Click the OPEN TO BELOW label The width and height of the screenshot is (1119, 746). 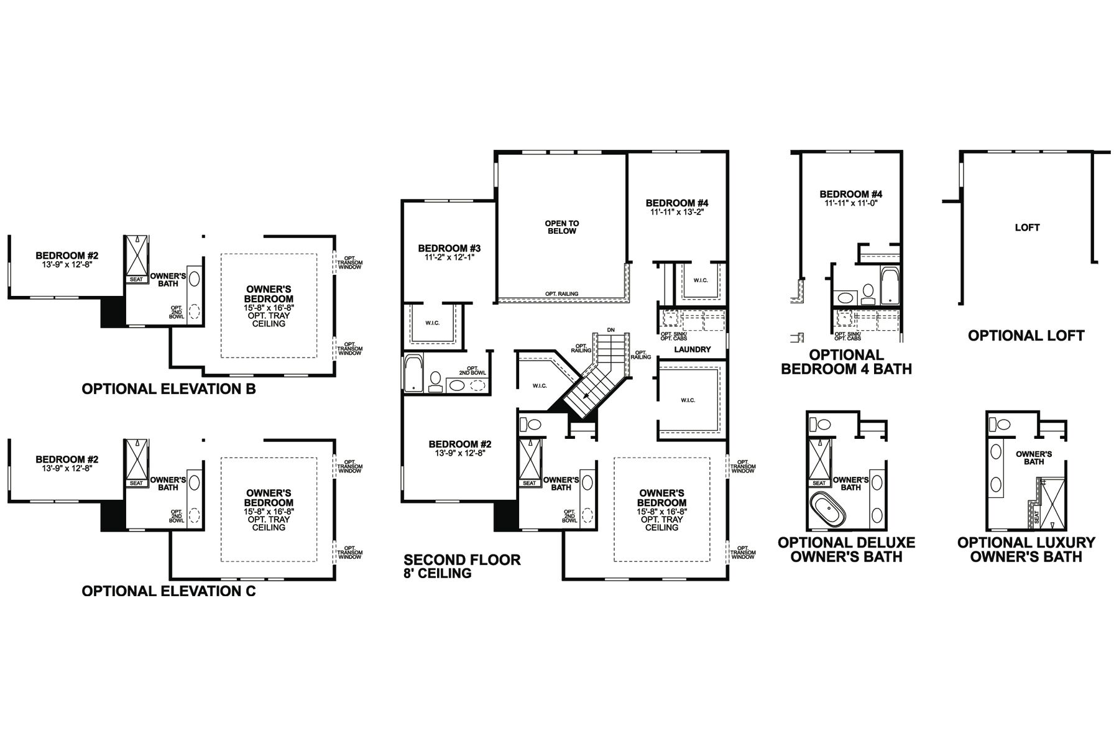coord(561,227)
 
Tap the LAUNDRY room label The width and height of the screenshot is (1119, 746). coord(692,349)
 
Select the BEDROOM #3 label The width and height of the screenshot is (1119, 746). coord(449,248)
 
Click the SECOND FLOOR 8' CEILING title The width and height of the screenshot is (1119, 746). coord(462,566)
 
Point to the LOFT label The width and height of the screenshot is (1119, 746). coord(1027,228)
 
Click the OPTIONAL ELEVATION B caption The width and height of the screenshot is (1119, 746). coord(168,390)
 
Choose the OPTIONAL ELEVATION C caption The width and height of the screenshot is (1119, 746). coord(168,591)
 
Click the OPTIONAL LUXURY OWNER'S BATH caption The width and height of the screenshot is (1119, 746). coord(1026,550)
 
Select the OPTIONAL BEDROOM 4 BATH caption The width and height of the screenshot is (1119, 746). coord(846,362)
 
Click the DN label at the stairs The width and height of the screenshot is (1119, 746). coord(611,329)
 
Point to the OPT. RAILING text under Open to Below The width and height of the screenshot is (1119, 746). coord(561,294)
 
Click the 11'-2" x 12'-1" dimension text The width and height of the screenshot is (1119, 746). coord(449,257)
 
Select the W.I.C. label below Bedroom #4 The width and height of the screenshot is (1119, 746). coord(700,280)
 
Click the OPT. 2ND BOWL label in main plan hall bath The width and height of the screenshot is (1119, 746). coord(472,371)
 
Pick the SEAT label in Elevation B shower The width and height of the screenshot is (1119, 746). coord(136,280)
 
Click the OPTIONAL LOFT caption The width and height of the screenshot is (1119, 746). coord(1026,336)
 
